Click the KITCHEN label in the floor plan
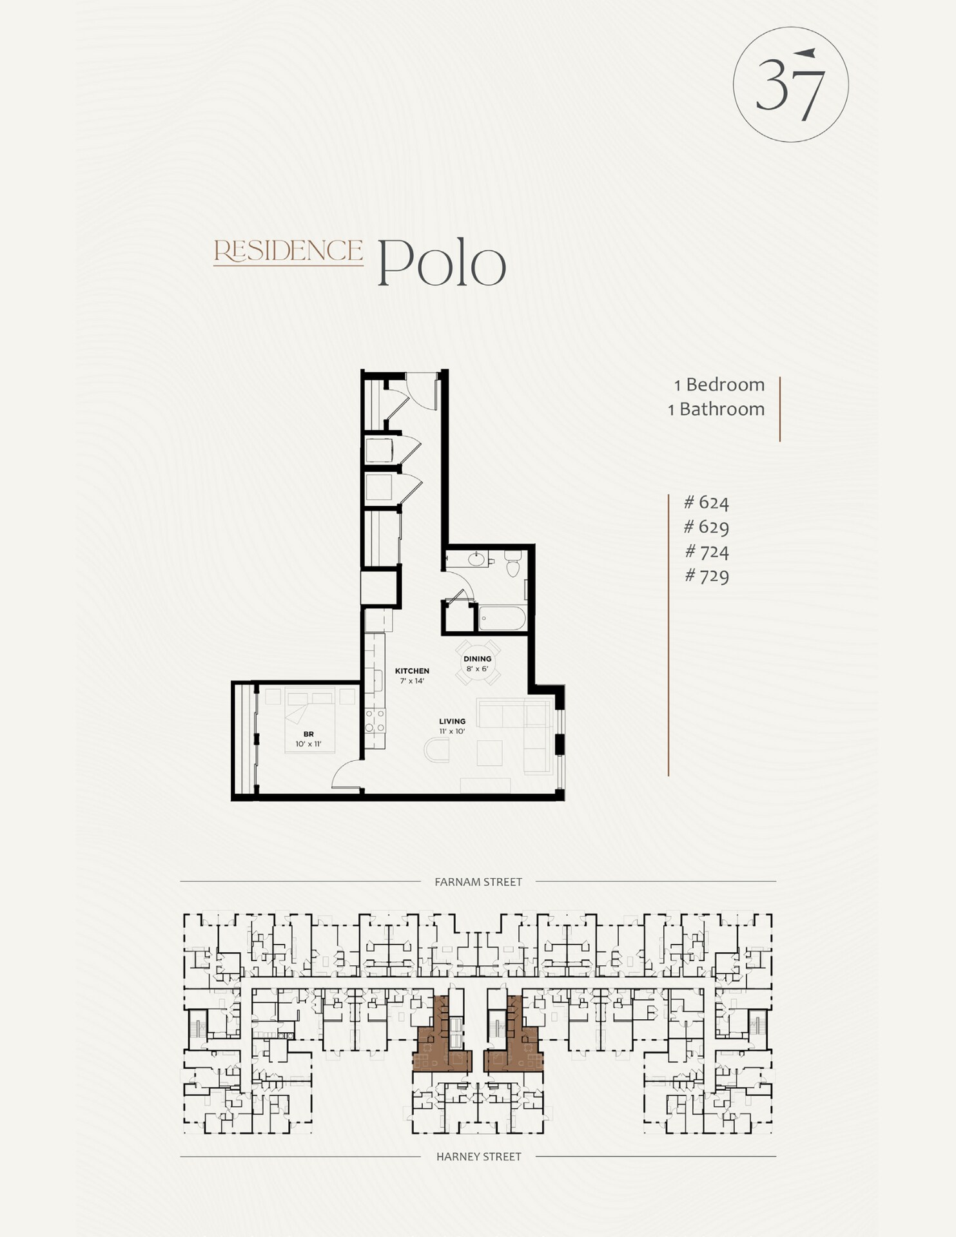click(x=412, y=671)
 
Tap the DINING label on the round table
click(x=477, y=658)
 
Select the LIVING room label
click(x=452, y=722)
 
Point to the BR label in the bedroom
click(x=308, y=734)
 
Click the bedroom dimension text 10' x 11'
click(x=308, y=744)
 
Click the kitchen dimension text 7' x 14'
click(x=412, y=680)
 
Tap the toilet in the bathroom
click(x=513, y=565)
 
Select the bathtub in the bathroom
click(x=502, y=618)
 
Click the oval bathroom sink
click(x=477, y=559)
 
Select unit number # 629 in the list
click(x=707, y=527)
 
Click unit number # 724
click(x=707, y=551)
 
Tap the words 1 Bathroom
click(x=716, y=409)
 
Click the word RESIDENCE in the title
click(x=288, y=251)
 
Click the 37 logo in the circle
click(x=790, y=84)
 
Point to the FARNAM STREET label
click(x=478, y=882)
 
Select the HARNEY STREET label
click(x=478, y=1156)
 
